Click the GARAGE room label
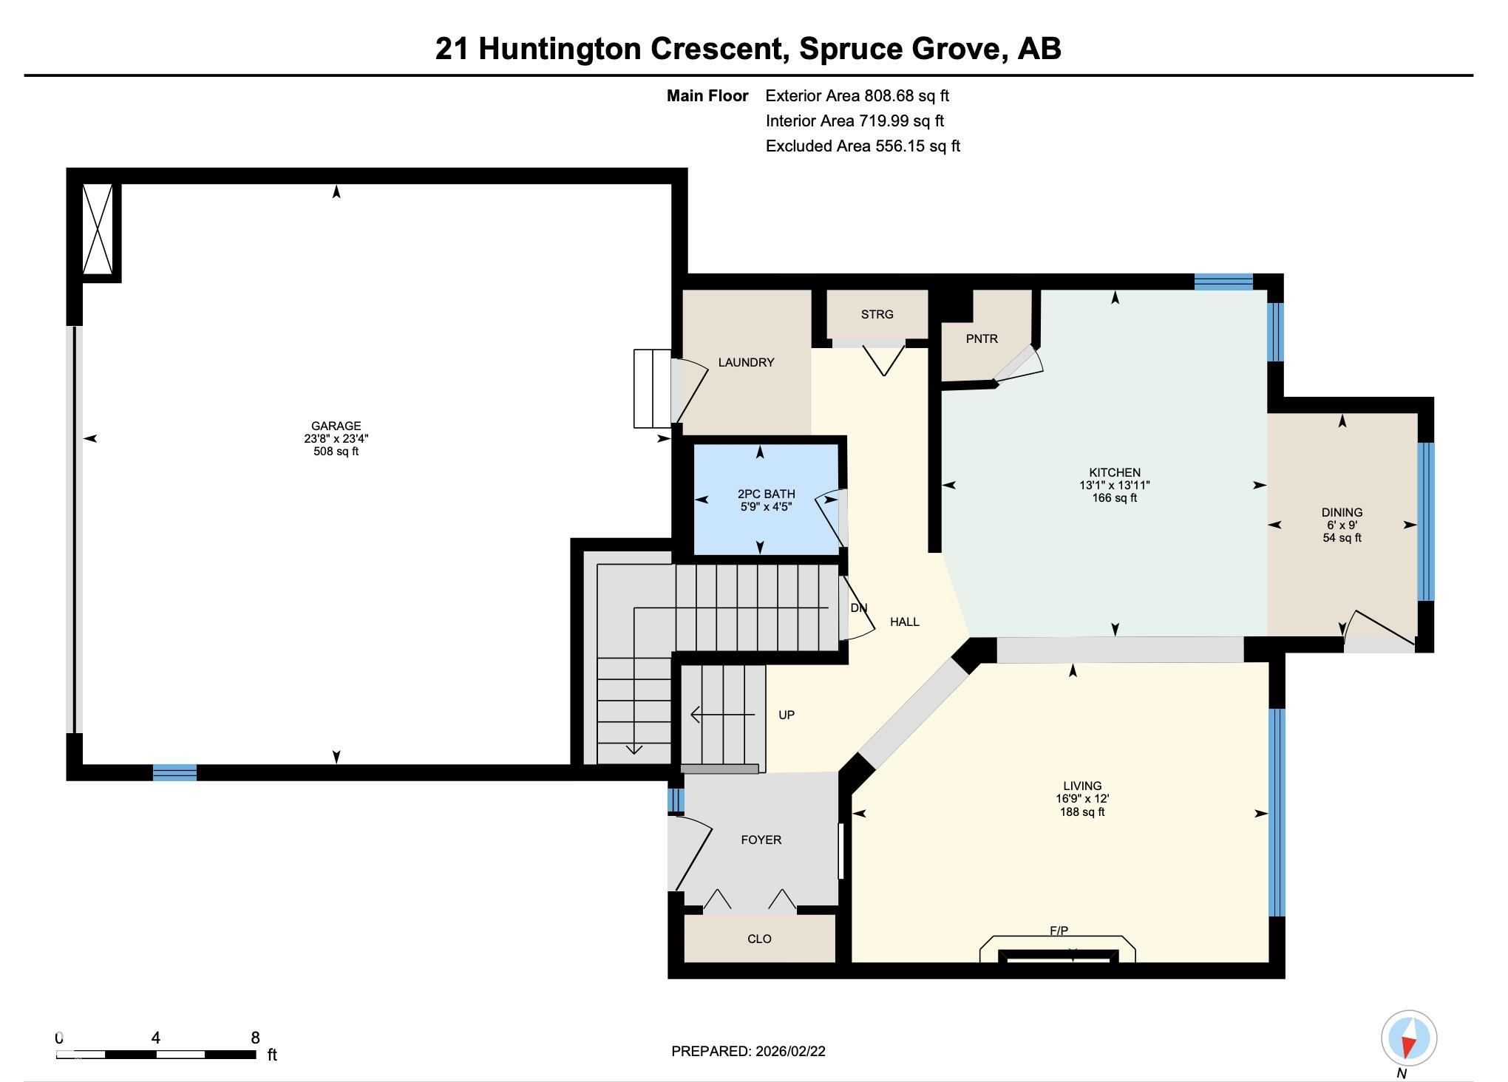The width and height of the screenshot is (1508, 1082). [x=336, y=426]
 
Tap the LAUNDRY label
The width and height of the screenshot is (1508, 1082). [x=746, y=362]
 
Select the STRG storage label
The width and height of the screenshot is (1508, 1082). [x=877, y=314]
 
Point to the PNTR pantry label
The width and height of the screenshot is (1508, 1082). [x=982, y=338]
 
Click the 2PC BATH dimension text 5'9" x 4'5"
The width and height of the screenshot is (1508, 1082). [x=766, y=507]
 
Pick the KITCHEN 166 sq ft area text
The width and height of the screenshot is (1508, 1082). [x=1115, y=498]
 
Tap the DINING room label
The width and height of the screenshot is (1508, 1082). [x=1342, y=512]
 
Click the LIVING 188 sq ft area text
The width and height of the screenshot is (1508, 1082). [x=1082, y=812]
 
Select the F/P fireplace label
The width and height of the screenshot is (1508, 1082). [x=1059, y=931]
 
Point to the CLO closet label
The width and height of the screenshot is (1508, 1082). [x=759, y=939]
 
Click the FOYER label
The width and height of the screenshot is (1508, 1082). [x=761, y=840]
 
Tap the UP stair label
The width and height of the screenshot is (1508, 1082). [x=787, y=715]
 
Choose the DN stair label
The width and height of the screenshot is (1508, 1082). [x=858, y=608]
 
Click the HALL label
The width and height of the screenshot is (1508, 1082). [x=904, y=622]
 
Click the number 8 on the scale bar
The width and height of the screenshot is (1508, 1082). [x=255, y=1038]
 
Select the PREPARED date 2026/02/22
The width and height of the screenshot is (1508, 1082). [x=790, y=1051]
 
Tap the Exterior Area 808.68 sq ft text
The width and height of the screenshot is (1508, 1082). [x=857, y=95]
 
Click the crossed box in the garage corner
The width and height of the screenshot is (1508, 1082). [x=98, y=229]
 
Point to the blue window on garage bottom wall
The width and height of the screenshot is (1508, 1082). [x=174, y=772]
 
